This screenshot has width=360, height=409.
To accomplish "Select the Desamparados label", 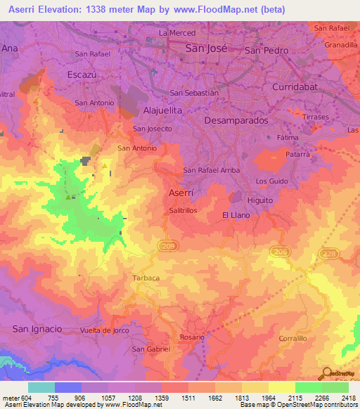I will coord(236,120).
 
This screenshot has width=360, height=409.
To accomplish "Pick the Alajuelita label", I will coord(162,110).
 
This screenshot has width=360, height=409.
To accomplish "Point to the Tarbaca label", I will coord(146,278).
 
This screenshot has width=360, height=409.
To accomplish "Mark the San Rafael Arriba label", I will coord(212,170).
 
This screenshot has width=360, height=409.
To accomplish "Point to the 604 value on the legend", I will coord(25,397).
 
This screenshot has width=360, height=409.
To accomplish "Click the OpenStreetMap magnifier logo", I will coord(326,374).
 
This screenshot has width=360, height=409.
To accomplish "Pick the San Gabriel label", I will coord(151,349).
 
